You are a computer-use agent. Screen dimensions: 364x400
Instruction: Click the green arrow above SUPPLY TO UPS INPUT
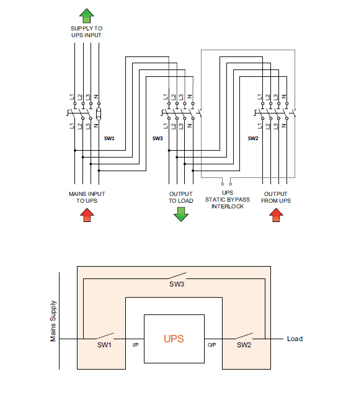pos(87,16)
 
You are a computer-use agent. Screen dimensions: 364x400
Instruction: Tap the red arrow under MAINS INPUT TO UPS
pos(87,215)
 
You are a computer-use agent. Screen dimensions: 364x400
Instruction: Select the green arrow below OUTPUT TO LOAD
pos(181,215)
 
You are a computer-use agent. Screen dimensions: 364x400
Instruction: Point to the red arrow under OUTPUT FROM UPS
pos(276,215)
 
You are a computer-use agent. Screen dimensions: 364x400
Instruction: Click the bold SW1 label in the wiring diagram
pos(109,138)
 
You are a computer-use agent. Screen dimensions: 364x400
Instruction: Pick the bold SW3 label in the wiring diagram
pos(158,138)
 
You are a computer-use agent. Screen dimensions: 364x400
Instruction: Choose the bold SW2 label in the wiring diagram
pos(253,138)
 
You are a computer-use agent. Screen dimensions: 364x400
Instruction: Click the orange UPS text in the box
pos(174,339)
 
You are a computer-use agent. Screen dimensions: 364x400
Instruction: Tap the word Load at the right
pos(295,339)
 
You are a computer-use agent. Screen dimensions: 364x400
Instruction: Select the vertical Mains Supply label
pos(53,321)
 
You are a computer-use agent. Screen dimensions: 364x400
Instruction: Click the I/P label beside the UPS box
pos(135,345)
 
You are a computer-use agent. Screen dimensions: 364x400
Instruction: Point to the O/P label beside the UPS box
pos(211,345)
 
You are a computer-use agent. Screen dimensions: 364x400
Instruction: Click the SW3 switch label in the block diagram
pos(177,284)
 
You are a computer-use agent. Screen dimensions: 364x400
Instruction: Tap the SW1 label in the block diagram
pos(104,345)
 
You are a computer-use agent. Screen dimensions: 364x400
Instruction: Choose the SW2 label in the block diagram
pos(244,345)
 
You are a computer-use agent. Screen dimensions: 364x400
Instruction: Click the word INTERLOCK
pos(228,207)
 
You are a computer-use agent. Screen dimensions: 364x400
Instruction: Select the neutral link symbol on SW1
pos(99,113)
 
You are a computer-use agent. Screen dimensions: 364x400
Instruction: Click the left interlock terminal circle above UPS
pos(223,184)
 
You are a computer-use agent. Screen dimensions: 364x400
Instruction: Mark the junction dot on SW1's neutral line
pos(99,171)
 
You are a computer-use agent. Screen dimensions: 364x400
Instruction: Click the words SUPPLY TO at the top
pos(86,29)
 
